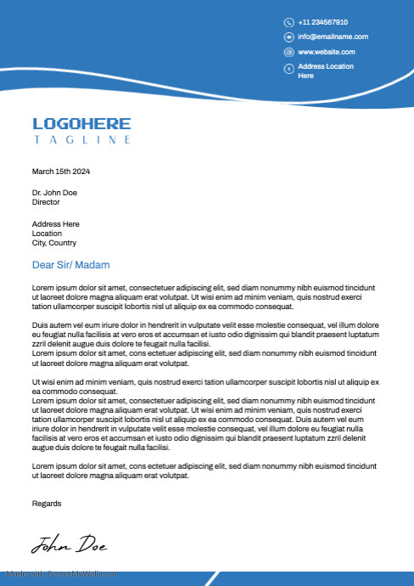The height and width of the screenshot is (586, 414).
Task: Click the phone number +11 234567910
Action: coord(323,22)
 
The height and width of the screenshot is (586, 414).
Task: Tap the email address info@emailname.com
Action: coord(333,37)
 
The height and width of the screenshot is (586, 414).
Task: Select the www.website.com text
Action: coord(326,52)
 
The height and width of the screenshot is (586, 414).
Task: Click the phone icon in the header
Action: coord(288,22)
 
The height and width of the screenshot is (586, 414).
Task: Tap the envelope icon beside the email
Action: coord(288,37)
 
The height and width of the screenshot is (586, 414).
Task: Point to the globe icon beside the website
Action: coord(288,53)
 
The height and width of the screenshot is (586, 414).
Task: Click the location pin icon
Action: coord(288,68)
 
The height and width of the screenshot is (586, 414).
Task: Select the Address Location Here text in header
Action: coord(325,70)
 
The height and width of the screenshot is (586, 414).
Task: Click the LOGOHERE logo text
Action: coord(81,124)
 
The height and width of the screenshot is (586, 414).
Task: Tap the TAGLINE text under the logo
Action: coord(82,139)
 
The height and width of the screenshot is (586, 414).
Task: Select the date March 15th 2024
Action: coord(61,172)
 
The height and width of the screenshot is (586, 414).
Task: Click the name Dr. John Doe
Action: coord(54,193)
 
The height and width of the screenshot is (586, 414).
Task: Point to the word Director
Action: coord(46,202)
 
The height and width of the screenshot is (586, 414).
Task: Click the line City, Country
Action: coord(53,243)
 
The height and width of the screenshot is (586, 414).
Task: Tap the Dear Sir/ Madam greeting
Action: coord(70,265)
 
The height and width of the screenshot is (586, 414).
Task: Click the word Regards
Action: coord(47,503)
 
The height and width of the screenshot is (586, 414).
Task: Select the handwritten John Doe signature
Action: coord(70,544)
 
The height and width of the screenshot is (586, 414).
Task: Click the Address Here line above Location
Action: coord(55,223)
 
